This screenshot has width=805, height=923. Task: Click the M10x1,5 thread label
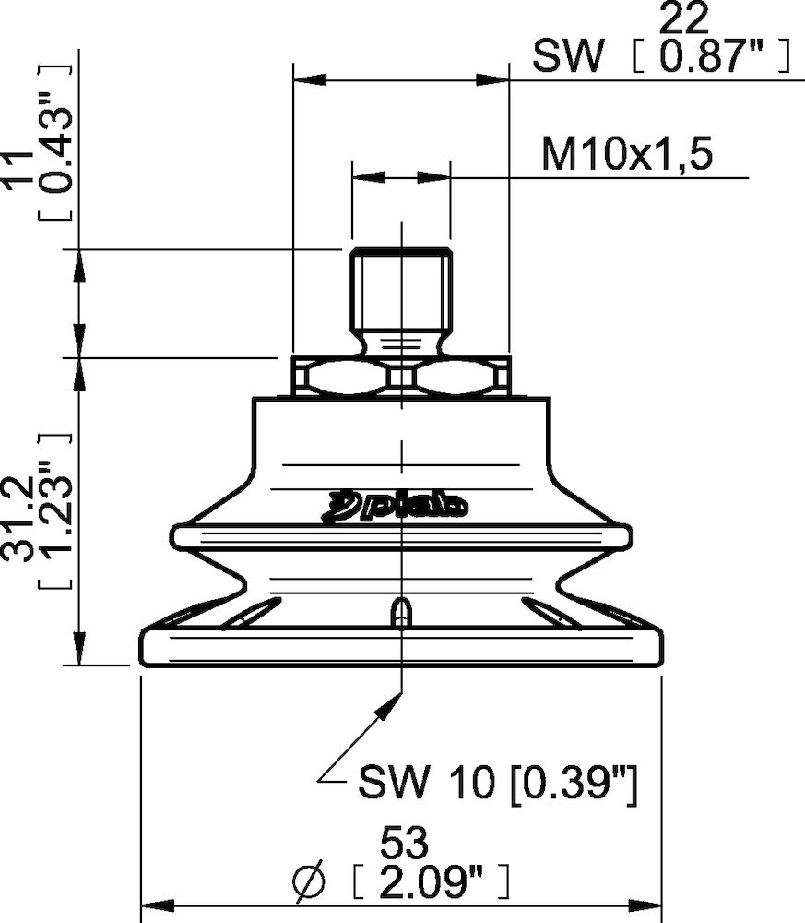627,155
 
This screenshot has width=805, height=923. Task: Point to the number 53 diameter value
405,843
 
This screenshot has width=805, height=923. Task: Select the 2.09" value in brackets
431,883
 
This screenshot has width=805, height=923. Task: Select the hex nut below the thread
400,377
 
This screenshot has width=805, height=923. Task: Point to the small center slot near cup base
401,613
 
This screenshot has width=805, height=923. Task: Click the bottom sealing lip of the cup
401,647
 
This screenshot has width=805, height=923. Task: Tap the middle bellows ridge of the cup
401,536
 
